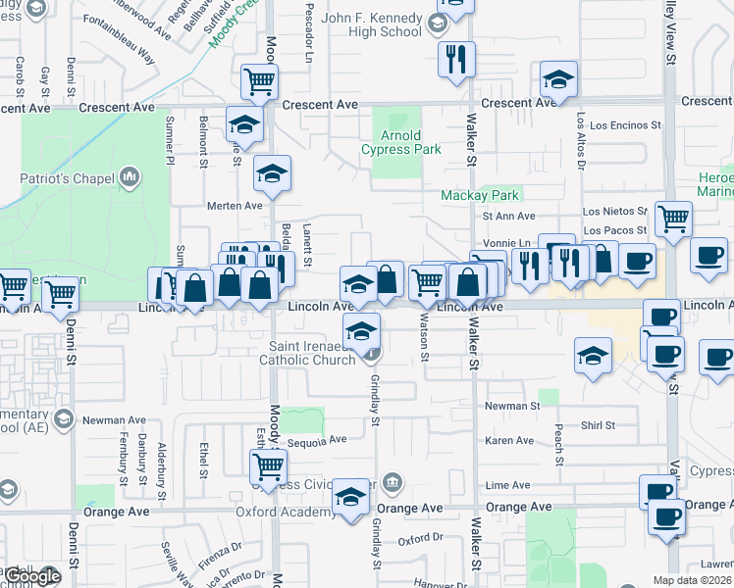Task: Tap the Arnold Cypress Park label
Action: [x=400, y=142]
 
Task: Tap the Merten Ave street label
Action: [x=235, y=206]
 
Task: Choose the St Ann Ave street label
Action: [x=508, y=216]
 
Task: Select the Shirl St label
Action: [x=596, y=425]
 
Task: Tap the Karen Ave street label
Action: [x=508, y=441]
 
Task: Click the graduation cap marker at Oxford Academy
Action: [x=350, y=496]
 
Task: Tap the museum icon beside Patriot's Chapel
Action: [x=130, y=177]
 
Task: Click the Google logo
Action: [x=31, y=576]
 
